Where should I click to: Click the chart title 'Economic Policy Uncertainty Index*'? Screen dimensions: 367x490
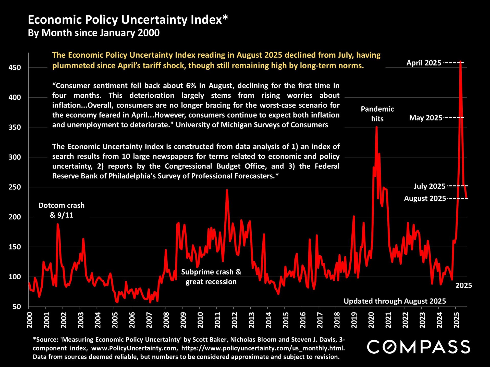[128, 20]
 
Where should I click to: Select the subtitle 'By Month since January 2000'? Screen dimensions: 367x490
[94, 33]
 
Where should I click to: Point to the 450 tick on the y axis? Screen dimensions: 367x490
[15, 68]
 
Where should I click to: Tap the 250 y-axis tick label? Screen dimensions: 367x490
[15, 187]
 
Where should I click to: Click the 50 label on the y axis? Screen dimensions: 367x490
[17, 307]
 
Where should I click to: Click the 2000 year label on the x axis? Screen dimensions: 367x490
[29, 320]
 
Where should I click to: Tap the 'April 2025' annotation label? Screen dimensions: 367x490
[424, 63]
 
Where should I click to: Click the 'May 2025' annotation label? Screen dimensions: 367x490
[425, 118]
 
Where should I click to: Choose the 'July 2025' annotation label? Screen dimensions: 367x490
[430, 186]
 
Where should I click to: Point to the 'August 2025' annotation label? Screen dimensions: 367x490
[425, 199]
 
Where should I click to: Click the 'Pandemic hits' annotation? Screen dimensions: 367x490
[377, 114]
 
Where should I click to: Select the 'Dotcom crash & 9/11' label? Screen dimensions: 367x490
[62, 210]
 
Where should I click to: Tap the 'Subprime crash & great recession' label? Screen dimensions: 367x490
[211, 277]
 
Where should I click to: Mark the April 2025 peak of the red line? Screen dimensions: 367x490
[460, 62]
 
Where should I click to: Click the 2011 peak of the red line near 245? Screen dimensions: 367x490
[227, 190]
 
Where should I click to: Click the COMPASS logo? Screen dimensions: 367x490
[419, 347]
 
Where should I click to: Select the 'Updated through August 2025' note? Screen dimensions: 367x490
[395, 301]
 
